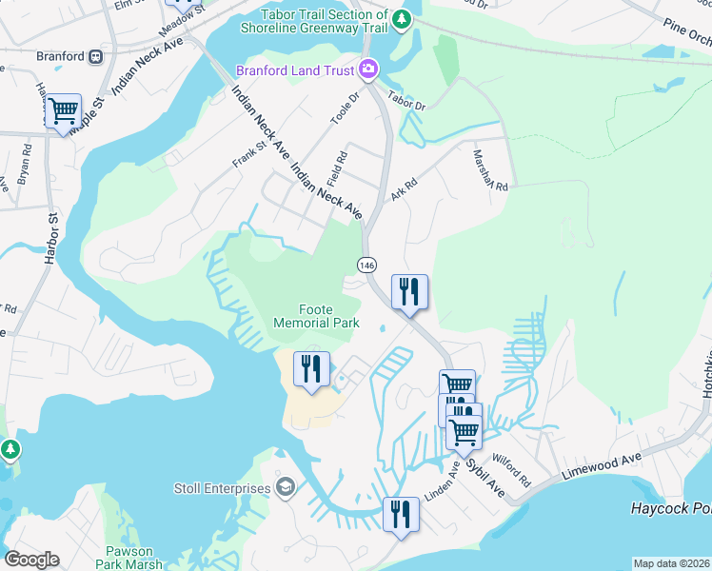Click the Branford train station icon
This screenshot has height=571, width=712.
[x=96, y=56]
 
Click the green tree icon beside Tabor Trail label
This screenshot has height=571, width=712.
[x=403, y=17]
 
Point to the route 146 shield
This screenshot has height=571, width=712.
[x=366, y=264]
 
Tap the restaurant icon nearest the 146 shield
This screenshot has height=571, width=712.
[x=409, y=292]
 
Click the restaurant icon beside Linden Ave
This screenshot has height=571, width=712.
[x=401, y=515]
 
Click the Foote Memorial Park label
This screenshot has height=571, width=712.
[x=316, y=316]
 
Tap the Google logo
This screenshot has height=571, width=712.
[x=31, y=560]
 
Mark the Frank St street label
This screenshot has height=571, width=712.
[x=247, y=154]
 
